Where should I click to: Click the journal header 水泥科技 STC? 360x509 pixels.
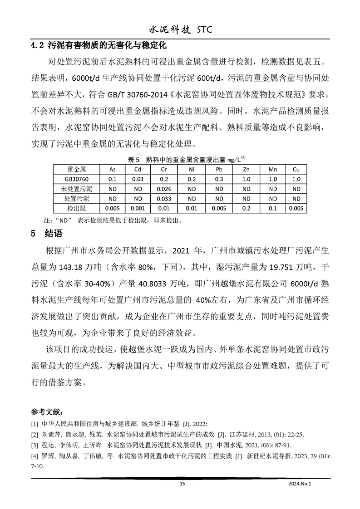[180, 30]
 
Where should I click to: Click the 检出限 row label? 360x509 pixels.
[78, 209]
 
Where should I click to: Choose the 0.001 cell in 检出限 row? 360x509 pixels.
[138, 209]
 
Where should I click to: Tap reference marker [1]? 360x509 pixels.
[35, 424]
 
